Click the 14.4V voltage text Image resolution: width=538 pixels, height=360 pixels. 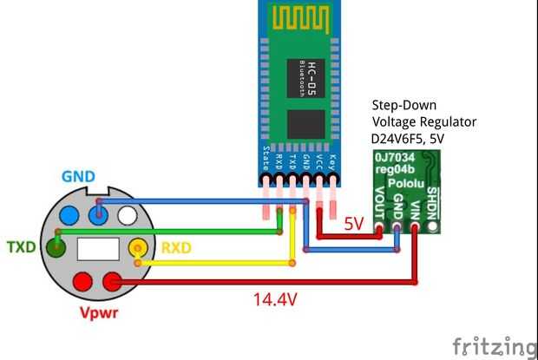point(275,300)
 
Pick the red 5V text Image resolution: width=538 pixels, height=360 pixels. point(352,223)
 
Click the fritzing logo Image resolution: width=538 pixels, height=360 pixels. point(494,345)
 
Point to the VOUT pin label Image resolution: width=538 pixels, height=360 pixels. point(379,206)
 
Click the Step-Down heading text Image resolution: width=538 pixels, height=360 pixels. point(405,105)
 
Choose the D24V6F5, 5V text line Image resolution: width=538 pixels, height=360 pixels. point(419,138)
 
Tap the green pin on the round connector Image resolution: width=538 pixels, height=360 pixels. point(57,250)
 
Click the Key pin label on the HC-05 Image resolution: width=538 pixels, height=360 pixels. point(333,162)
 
